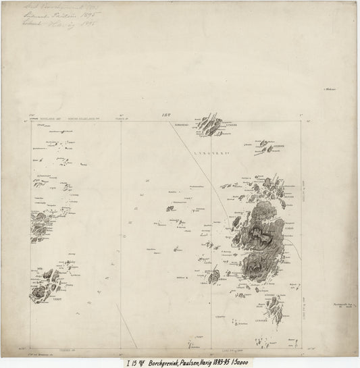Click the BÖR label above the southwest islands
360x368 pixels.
38,271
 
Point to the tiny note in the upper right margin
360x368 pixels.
331,88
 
